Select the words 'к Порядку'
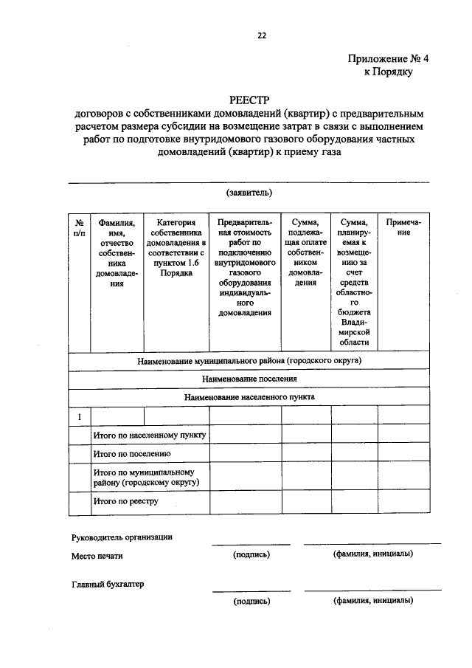[388, 72]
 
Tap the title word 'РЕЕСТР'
[250, 100]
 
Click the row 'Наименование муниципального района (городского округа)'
[249, 362]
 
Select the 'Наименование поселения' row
[249, 379]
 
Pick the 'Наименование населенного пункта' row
[249, 396]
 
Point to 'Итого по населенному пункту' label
[150, 435]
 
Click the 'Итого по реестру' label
[126, 502]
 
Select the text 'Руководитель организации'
[122, 537]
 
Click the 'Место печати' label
[98, 556]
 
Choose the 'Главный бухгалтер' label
[108, 584]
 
